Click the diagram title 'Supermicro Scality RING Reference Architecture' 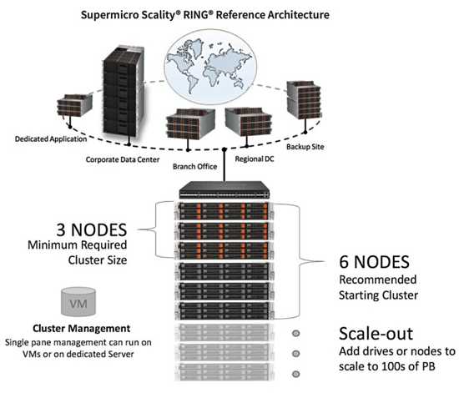point(205,15)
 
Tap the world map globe point(210,67)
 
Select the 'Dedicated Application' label point(51,139)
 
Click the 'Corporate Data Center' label point(123,159)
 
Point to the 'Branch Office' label point(195,167)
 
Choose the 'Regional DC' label point(255,159)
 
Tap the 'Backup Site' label point(305,147)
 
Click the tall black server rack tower point(124,91)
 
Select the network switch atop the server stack point(224,190)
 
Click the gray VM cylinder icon point(78,302)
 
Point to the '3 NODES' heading point(92,229)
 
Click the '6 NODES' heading point(374,262)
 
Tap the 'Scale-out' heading point(376,333)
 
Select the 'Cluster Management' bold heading point(82,328)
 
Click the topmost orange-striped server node point(224,211)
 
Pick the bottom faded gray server point(224,372)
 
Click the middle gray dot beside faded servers point(296,354)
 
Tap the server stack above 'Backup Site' point(304,100)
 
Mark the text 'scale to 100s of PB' point(387,366)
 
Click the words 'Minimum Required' point(78,245)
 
